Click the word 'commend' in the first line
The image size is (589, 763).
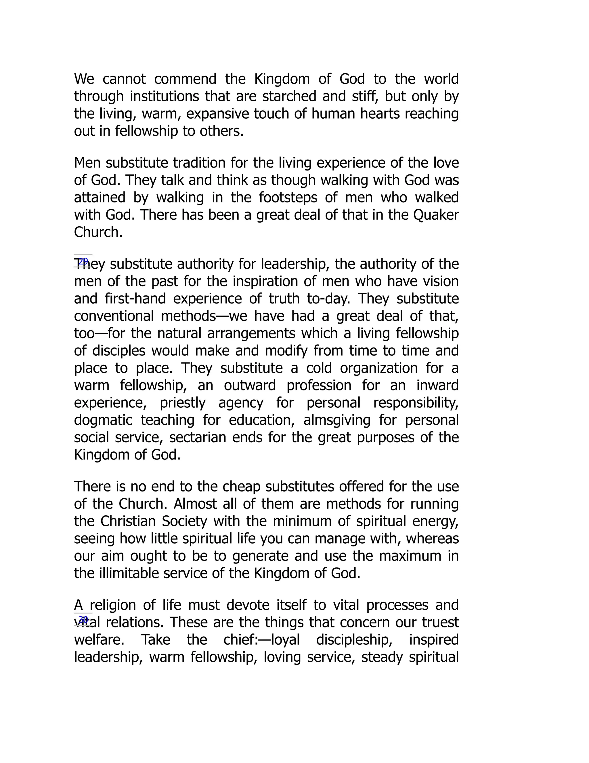pyautogui.click(x=185, y=79)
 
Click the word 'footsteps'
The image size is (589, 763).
pyautogui.click(x=288, y=198)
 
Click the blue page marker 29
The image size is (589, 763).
pyautogui.click(x=83, y=261)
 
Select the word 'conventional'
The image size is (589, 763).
pyautogui.click(x=114, y=316)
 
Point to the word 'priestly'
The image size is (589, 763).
pyautogui.click(x=183, y=403)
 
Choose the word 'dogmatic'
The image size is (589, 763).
pyautogui.click(x=103, y=420)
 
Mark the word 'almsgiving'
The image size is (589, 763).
pyautogui.click(x=337, y=420)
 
